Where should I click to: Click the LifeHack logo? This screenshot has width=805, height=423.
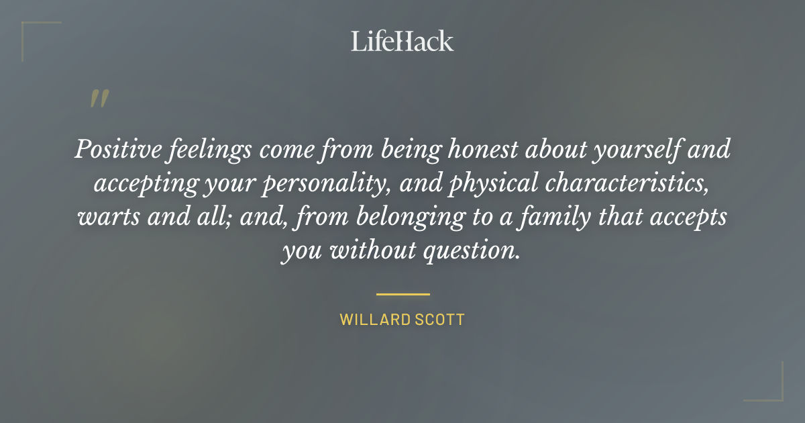[x=402, y=41]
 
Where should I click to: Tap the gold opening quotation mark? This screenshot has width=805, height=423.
[x=99, y=99]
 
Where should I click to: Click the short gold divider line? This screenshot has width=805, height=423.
[x=402, y=294]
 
